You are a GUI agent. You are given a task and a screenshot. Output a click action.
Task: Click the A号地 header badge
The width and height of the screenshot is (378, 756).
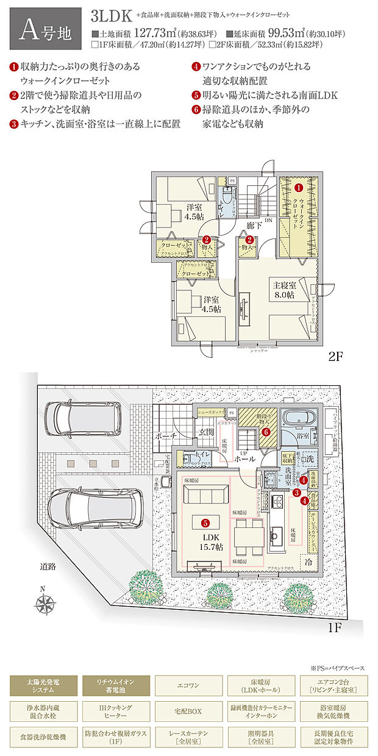pos(45,28)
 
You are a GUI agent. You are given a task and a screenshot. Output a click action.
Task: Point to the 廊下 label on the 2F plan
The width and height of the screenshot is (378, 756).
pos(254,226)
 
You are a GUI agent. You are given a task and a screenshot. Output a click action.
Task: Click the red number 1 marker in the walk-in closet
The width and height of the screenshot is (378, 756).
pos(299,181)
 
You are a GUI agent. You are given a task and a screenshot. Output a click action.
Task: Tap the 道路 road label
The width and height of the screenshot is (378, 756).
pos(48,566)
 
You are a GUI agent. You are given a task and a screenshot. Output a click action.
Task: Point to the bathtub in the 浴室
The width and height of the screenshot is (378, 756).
pos(299,421)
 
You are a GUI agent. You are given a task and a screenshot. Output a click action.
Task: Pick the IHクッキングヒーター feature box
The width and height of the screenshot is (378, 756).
pos(115,711)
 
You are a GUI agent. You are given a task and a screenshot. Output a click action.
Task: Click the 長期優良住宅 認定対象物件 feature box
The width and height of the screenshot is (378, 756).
pos(333,736)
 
